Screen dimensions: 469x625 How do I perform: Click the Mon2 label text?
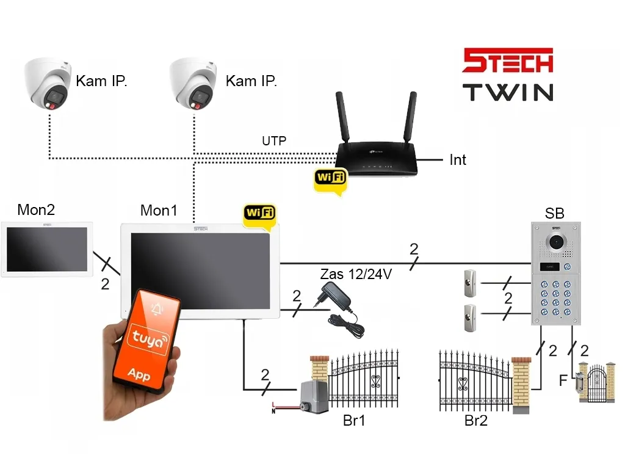(x=36, y=210)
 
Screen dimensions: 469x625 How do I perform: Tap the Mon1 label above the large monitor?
(x=159, y=211)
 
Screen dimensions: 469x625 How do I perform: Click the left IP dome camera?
(x=48, y=83)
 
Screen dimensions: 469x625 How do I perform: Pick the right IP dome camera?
(x=193, y=83)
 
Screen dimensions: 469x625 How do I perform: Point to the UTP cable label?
(x=274, y=141)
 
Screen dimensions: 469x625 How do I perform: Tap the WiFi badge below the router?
(x=330, y=178)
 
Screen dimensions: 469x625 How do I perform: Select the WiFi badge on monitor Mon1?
(x=259, y=213)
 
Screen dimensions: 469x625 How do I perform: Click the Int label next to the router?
(x=458, y=160)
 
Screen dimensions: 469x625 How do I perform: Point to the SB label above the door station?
(x=554, y=213)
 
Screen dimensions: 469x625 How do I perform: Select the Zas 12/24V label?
(x=356, y=274)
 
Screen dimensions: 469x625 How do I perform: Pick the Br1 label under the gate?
(x=354, y=421)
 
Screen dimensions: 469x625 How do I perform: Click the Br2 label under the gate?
(x=476, y=421)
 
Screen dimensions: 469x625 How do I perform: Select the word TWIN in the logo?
(x=508, y=92)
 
